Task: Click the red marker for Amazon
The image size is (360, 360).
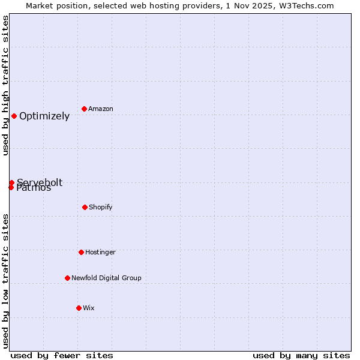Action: coord(85,109)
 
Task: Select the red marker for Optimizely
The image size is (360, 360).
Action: coord(14,116)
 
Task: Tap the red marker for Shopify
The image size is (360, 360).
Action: coord(85,207)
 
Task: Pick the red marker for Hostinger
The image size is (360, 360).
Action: coord(81,252)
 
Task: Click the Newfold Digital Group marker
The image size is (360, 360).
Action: coord(67,278)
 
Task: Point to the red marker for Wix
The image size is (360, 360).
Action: coord(79,308)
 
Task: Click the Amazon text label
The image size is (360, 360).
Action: coord(101,109)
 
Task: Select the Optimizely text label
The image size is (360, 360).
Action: coord(44,116)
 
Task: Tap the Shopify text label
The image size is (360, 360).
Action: coord(101,207)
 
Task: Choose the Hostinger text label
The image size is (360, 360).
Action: coord(100,252)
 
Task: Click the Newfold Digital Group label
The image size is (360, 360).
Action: coord(106,278)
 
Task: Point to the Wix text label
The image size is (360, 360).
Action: coord(89,308)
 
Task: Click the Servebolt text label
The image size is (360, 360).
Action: coord(40,182)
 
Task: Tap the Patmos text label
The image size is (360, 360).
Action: coord(34,188)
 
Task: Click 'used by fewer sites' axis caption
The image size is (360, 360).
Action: coord(62,355)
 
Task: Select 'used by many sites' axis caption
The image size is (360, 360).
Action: coord(301,355)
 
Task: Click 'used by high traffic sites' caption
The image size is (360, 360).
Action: coord(6,85)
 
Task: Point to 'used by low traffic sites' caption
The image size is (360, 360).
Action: coord(6,281)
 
